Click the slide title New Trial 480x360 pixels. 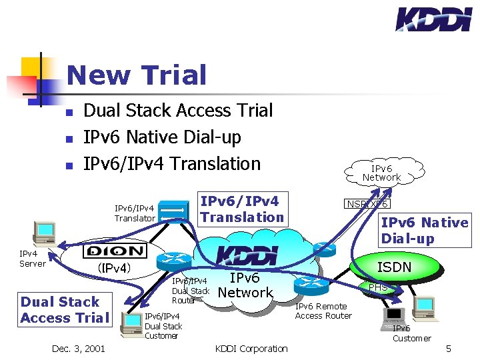137,75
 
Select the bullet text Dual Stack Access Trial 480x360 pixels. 177,110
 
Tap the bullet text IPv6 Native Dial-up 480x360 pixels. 161,137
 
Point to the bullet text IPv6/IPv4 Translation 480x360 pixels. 171,163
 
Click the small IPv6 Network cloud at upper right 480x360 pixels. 381,173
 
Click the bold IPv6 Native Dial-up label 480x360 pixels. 424,230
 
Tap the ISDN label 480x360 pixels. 395,267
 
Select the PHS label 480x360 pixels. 378,287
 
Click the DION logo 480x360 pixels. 113,251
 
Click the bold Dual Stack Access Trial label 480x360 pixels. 64,309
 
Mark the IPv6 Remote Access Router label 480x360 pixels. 323,311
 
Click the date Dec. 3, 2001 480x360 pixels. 78,348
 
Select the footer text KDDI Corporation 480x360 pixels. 251,348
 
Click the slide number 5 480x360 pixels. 449,348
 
